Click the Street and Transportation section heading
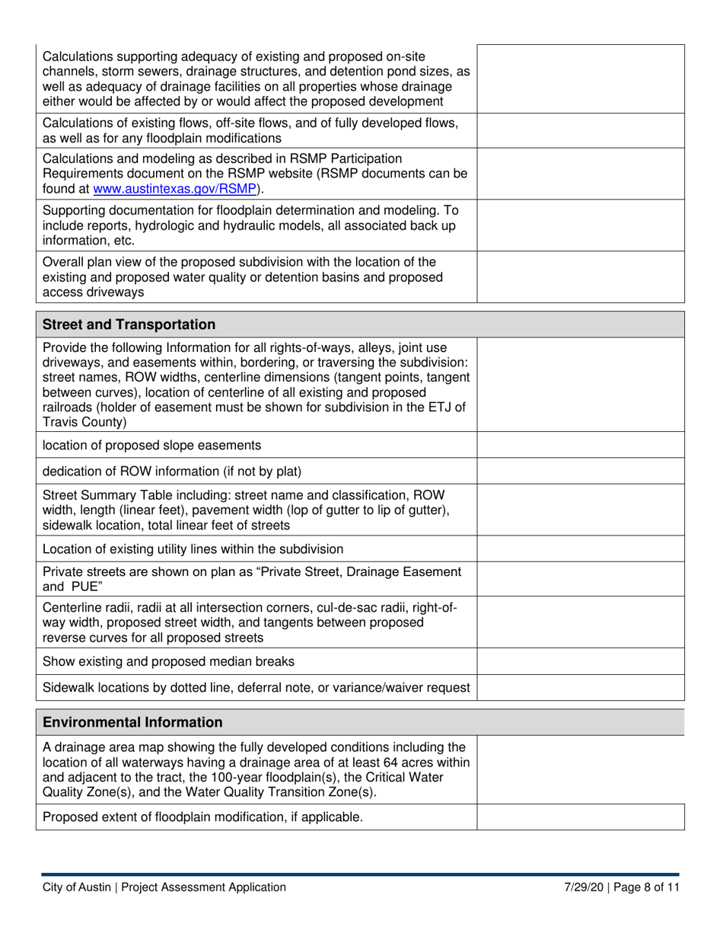coord(129,325)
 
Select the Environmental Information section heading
coord(133,721)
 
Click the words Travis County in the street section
coord(85,421)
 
